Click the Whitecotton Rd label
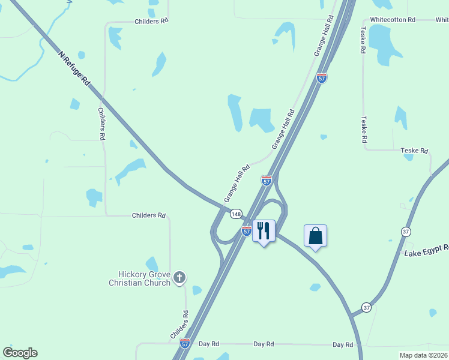tap(393, 20)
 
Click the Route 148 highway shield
tap(236, 214)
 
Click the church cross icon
tap(179, 277)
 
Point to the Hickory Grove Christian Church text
tap(139, 278)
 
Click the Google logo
tap(20, 353)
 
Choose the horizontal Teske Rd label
tap(414, 151)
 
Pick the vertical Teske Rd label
tap(364, 130)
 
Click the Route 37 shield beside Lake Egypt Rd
tap(406, 232)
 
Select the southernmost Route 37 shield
tap(366, 307)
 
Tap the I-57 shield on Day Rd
tap(184, 343)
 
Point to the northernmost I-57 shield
tap(322, 79)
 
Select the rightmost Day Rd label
tap(343, 345)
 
